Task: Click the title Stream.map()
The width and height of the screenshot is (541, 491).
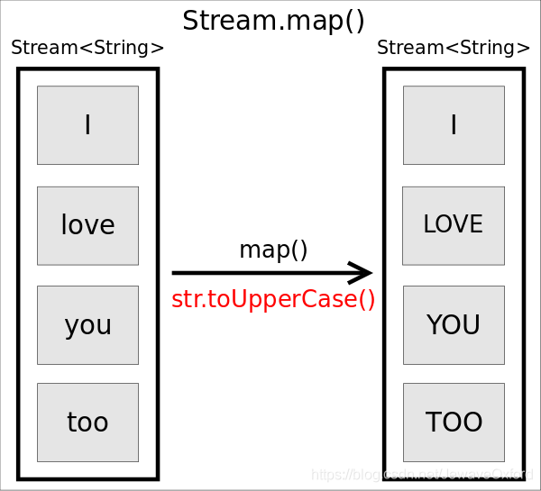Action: [273, 20]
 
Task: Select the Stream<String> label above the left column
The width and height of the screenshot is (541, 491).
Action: [87, 49]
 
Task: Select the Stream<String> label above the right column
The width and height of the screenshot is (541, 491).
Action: [454, 49]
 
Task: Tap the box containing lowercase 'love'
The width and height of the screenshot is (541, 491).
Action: [87, 225]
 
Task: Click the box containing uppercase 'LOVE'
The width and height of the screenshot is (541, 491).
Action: [454, 225]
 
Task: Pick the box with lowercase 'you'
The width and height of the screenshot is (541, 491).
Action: [87, 325]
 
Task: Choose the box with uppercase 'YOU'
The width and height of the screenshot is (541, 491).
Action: [454, 325]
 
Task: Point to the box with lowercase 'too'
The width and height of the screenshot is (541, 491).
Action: [87, 423]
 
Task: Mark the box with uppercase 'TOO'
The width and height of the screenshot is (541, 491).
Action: [454, 423]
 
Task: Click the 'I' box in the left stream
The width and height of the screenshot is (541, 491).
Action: [87, 125]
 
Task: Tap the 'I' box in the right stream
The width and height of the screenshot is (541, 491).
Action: [454, 125]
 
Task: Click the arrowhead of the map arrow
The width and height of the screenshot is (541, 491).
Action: [362, 272]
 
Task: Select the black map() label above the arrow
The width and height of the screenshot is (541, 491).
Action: [273, 250]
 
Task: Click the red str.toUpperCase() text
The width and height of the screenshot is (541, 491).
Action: [273, 299]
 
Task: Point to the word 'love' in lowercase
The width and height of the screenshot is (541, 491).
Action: [87, 225]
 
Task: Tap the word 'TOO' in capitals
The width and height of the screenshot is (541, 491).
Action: [454, 423]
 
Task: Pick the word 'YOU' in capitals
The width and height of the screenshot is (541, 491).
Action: [454, 325]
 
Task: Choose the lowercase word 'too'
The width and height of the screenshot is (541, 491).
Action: [87, 423]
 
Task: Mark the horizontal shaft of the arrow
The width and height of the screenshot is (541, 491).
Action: [261, 272]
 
